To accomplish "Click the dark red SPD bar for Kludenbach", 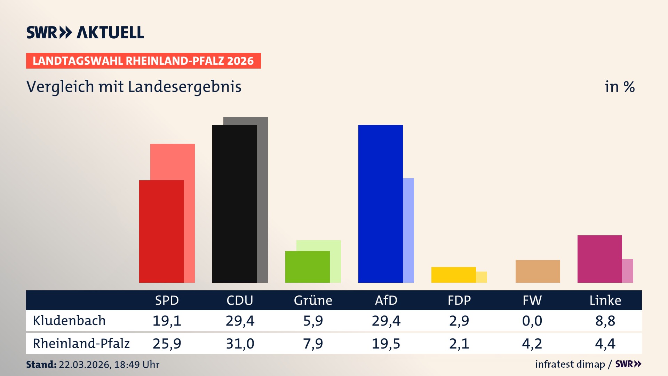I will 161,232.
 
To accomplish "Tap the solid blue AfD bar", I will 380,204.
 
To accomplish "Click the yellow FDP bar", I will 453,275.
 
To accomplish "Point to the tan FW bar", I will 538,271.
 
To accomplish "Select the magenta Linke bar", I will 599,259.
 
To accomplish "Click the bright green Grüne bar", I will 307,267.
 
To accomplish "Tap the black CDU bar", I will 234,204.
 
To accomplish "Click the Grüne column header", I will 313,300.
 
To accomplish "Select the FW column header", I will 532,300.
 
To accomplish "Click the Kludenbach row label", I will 69,321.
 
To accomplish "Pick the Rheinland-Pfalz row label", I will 81,344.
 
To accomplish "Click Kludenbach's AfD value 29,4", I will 386,321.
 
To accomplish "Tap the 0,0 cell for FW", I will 532,321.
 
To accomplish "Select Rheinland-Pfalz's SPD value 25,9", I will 167,344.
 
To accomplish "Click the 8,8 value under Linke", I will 605,321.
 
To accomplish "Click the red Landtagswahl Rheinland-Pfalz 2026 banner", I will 143,61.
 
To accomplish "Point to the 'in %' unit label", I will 619,87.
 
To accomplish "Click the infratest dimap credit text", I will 570,364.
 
